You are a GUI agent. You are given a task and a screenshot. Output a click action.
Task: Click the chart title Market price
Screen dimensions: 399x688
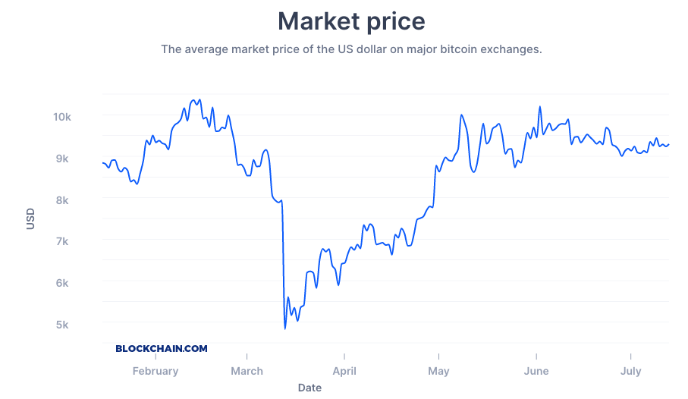[x=351, y=20]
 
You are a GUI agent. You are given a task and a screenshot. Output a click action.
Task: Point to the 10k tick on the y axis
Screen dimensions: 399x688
[x=61, y=117]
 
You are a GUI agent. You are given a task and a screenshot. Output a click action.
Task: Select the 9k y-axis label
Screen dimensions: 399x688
[x=61, y=159]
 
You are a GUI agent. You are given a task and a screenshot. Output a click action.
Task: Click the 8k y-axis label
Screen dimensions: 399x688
[x=61, y=200]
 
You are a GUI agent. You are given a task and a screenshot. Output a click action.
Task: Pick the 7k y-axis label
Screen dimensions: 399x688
[x=61, y=241]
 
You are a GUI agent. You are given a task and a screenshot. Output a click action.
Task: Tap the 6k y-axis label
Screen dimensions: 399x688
[x=61, y=283]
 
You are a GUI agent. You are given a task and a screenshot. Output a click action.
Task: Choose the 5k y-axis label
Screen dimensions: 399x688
[x=61, y=325]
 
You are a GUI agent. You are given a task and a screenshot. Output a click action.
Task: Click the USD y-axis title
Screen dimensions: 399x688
[x=31, y=219]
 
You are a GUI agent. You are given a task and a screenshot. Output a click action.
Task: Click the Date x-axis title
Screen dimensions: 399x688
[x=309, y=388]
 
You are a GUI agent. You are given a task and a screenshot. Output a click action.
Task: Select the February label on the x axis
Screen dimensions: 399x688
[x=156, y=371]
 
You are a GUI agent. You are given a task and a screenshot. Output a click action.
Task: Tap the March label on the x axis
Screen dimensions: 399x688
[x=247, y=371]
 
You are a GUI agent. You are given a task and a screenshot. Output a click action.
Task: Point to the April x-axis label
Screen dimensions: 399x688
[x=344, y=371]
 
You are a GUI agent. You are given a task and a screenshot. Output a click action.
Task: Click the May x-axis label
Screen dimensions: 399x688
[x=438, y=371]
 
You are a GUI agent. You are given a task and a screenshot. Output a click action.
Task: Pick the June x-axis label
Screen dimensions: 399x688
[x=536, y=371]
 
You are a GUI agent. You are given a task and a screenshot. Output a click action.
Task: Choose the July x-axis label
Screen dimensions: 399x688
[x=630, y=371]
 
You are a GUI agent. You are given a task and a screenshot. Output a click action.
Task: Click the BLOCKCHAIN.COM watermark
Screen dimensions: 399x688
[x=162, y=349]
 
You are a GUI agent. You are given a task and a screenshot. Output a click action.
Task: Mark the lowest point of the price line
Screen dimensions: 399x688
[x=285, y=328]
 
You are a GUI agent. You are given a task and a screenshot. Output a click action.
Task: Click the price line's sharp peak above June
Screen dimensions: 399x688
[x=539, y=107]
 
